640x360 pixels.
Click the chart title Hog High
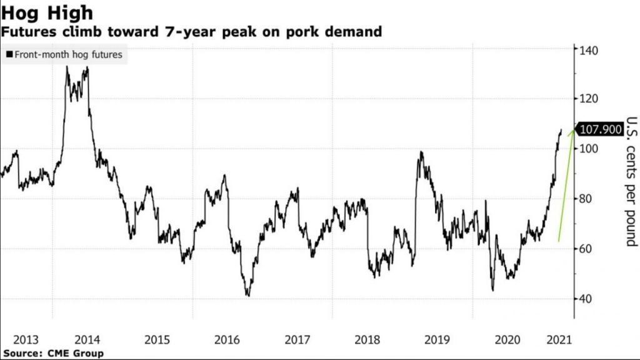tap(47, 12)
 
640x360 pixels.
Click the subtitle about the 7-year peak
tap(191, 31)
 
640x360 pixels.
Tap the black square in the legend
tap(9, 55)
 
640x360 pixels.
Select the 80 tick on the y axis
tap(588, 199)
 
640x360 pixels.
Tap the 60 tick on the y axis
tap(588, 249)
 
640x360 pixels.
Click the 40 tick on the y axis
tap(588, 299)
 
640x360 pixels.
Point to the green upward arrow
tap(565, 187)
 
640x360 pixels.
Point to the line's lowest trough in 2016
tap(248, 296)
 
